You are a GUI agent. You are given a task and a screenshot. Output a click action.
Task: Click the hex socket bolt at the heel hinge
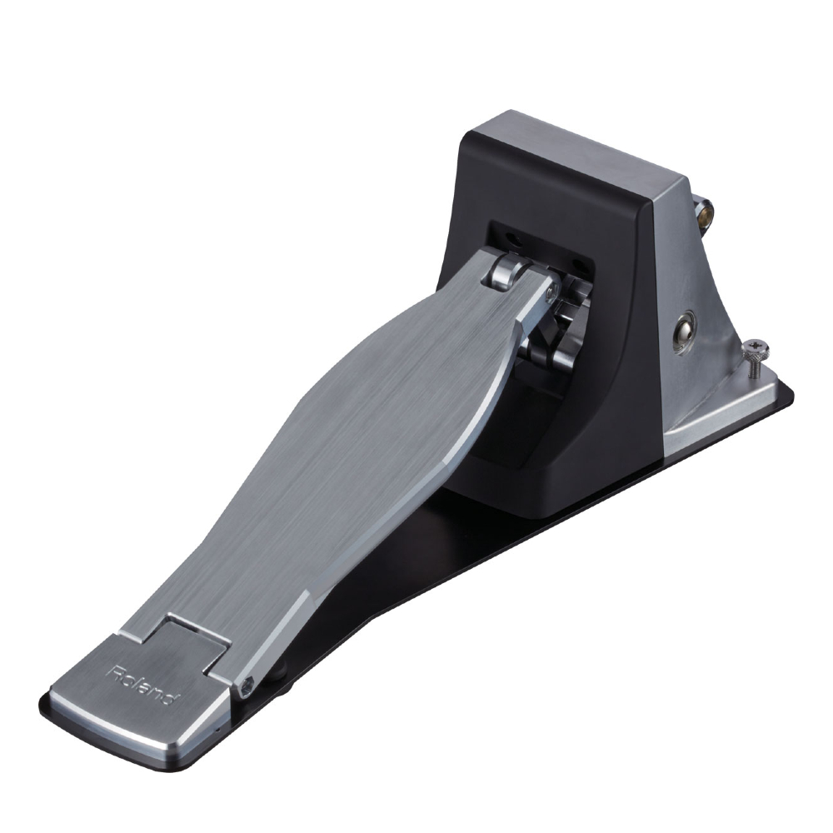click(247, 686)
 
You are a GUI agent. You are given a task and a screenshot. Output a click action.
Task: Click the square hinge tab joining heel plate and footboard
click(196, 637)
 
